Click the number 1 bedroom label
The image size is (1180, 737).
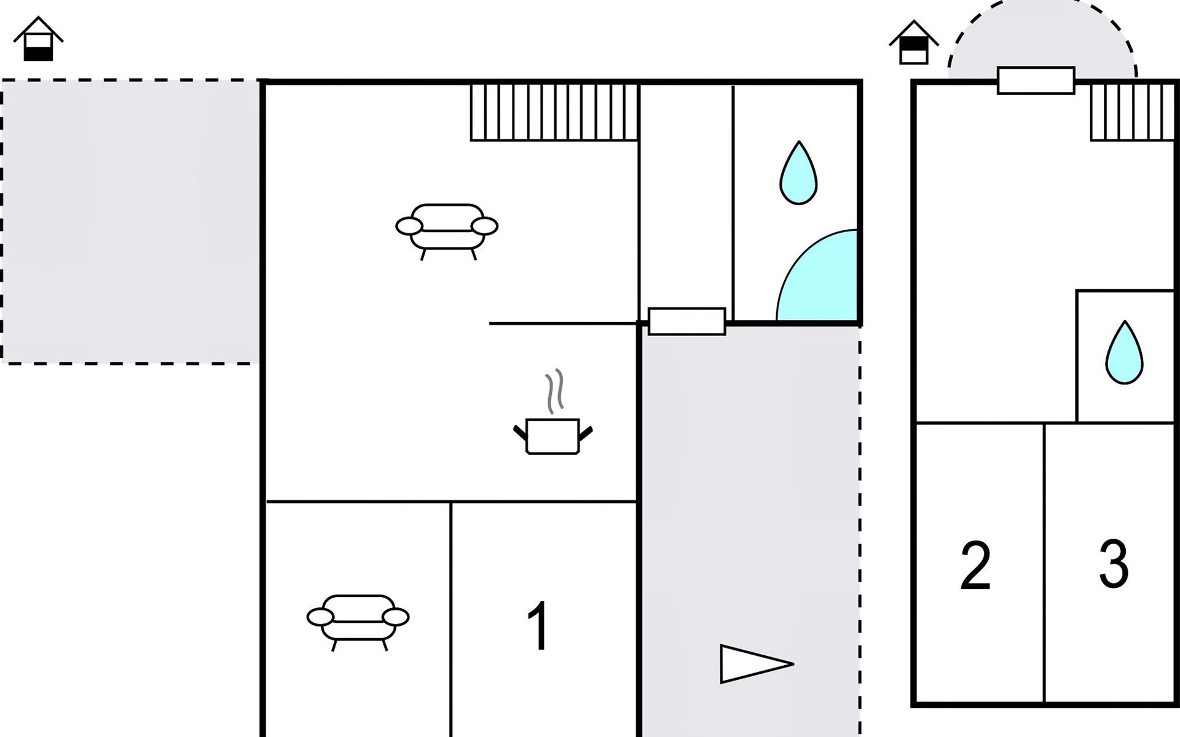point(538,626)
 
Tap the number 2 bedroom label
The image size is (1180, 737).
point(975,566)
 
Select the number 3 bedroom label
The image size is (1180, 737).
point(1114,564)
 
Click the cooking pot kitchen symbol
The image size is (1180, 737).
point(553,436)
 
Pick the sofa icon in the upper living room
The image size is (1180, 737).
point(447,228)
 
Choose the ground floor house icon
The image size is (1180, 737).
point(38,40)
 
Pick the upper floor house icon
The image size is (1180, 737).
point(913,44)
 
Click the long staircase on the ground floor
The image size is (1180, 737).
point(554,112)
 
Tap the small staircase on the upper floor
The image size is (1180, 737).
point(1132,112)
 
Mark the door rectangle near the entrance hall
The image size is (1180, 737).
point(686,321)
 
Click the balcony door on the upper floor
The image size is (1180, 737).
point(1036,80)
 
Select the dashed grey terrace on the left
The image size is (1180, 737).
point(130,221)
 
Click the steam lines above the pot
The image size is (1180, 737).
point(554,392)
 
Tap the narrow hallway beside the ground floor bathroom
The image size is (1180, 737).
point(686,197)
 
